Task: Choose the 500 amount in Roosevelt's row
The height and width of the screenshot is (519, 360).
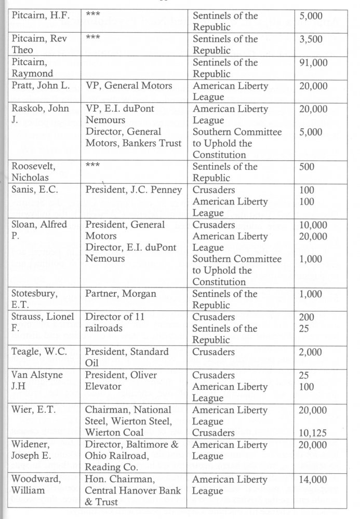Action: tap(308, 167)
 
